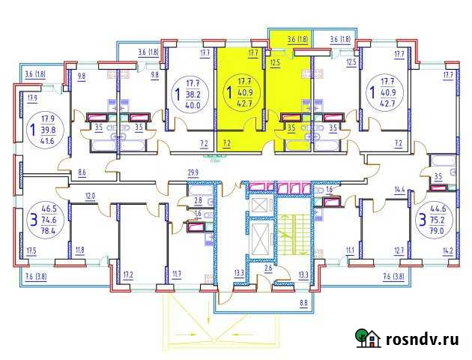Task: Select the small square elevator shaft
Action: [x=259, y=203]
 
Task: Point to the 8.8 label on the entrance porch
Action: [x=303, y=302]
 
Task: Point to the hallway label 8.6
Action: [x=82, y=173]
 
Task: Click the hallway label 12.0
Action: [x=90, y=196]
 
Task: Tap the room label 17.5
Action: [x=31, y=250]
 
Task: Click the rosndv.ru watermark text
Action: [x=422, y=339]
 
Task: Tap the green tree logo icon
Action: [x=367, y=339]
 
